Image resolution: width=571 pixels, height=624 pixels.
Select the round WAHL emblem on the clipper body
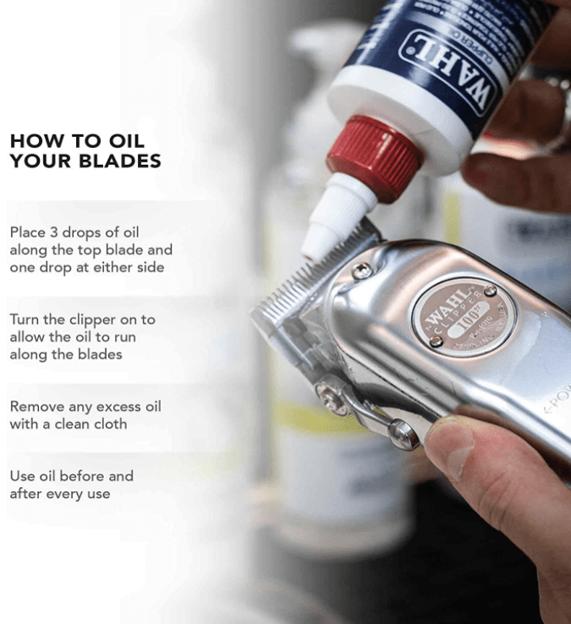463,315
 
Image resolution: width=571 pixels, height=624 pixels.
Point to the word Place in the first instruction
27,232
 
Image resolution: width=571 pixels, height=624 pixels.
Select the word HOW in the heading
32,141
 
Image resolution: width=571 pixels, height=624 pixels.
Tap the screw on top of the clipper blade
362,270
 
